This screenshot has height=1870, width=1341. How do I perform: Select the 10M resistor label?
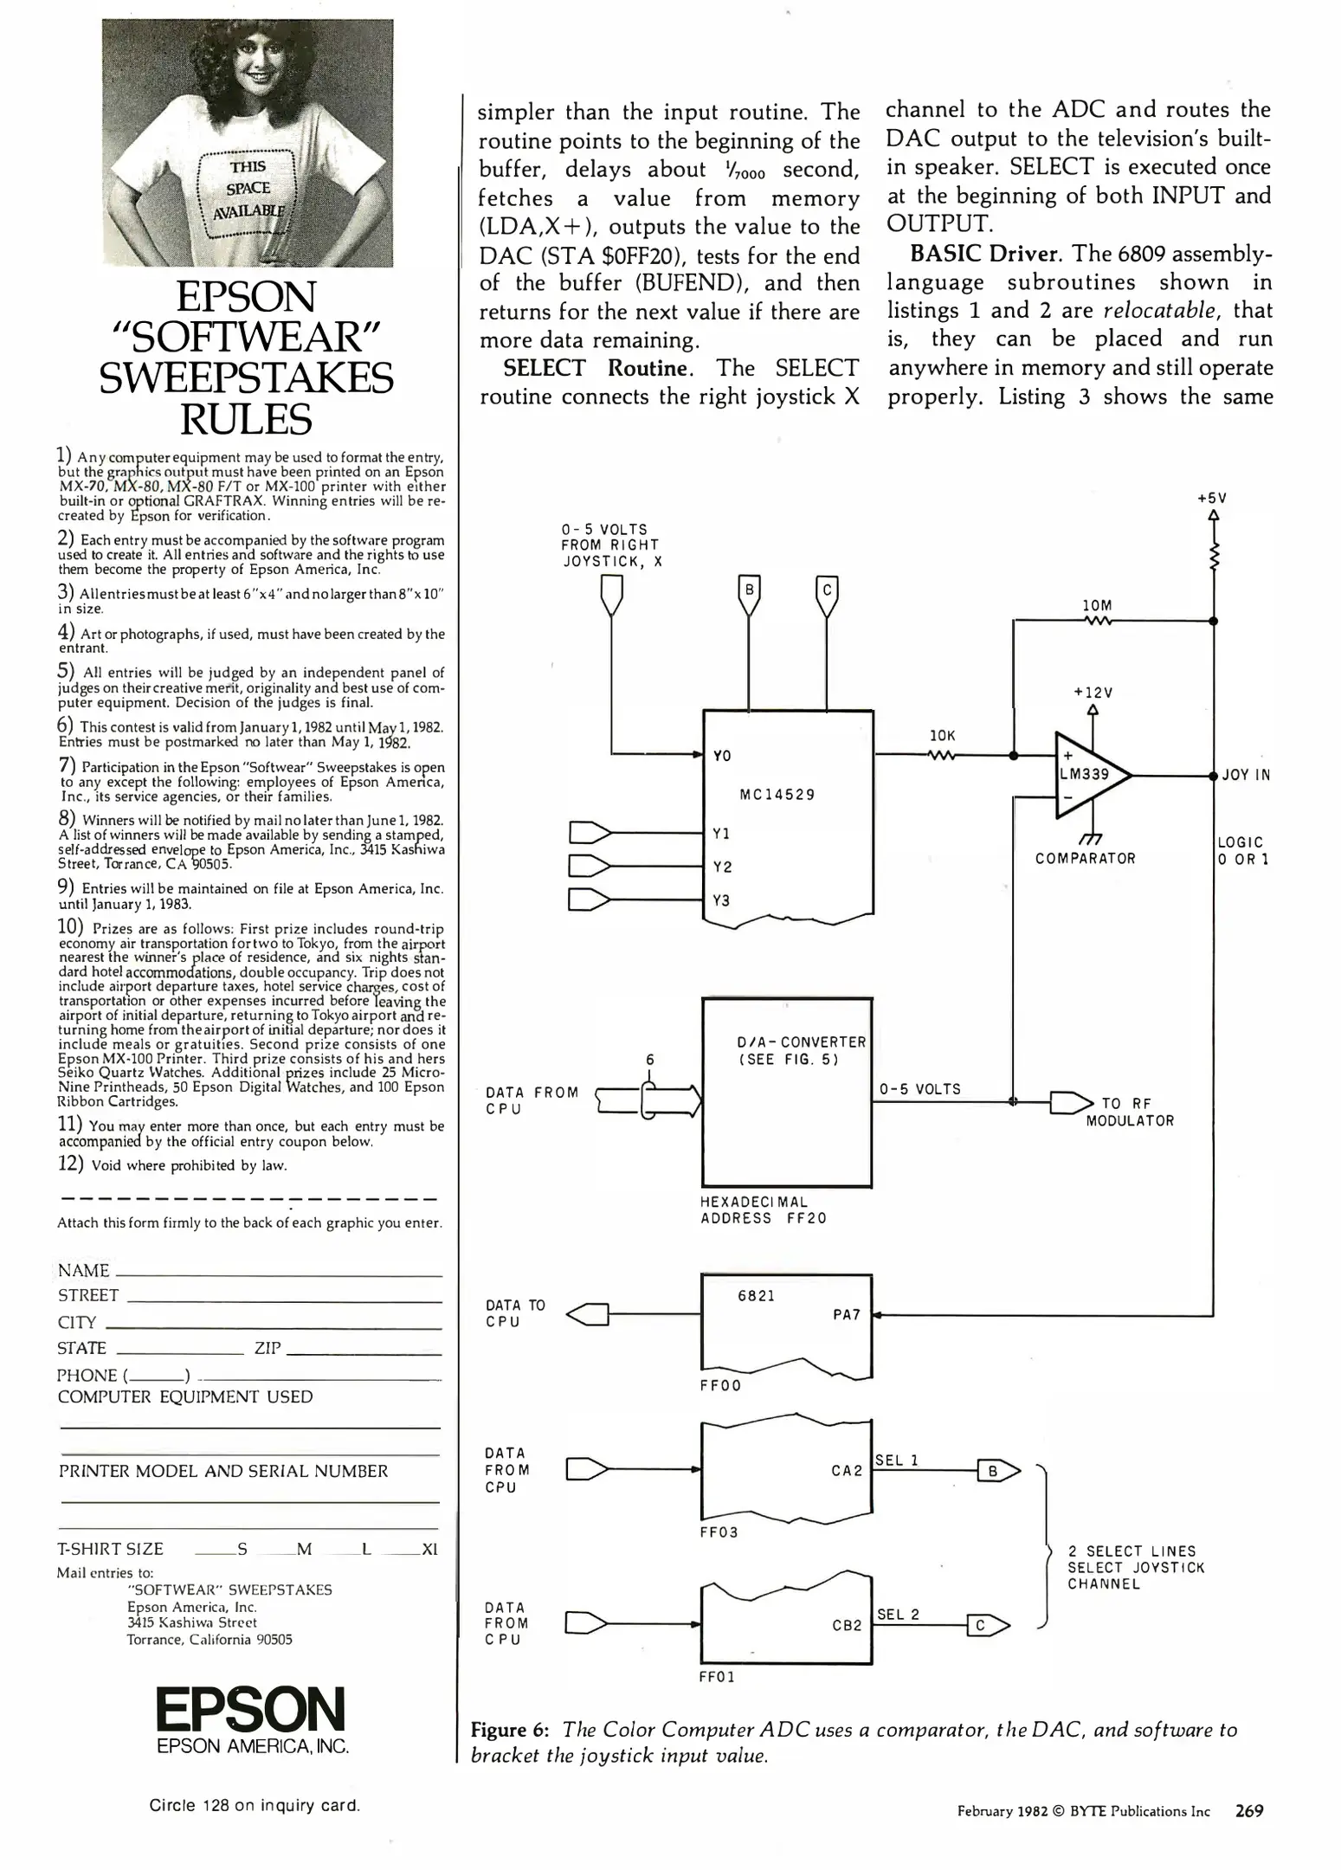(1097, 606)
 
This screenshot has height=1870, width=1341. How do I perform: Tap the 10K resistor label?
(942, 736)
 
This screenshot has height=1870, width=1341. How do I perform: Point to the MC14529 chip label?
(777, 795)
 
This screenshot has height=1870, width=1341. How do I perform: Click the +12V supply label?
(1093, 693)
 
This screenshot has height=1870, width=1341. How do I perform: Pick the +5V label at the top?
(1212, 499)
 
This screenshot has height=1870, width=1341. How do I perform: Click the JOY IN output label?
(1246, 776)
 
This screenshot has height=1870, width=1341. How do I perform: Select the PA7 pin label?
(846, 1314)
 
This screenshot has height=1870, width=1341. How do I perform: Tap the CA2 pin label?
(846, 1471)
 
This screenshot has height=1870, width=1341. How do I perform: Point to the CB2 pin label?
(847, 1625)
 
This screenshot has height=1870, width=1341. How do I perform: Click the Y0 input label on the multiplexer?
(722, 756)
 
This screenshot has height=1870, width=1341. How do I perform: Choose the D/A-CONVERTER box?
(786, 1092)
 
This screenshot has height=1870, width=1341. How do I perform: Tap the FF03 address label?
(719, 1531)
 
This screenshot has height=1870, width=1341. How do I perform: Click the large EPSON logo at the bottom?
(250, 1710)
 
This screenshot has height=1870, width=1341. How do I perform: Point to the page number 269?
(1249, 1810)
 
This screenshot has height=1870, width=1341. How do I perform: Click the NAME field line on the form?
(277, 1275)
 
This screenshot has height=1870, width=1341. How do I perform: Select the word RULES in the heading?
(246, 420)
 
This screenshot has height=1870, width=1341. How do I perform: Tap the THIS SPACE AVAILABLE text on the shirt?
(248, 188)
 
